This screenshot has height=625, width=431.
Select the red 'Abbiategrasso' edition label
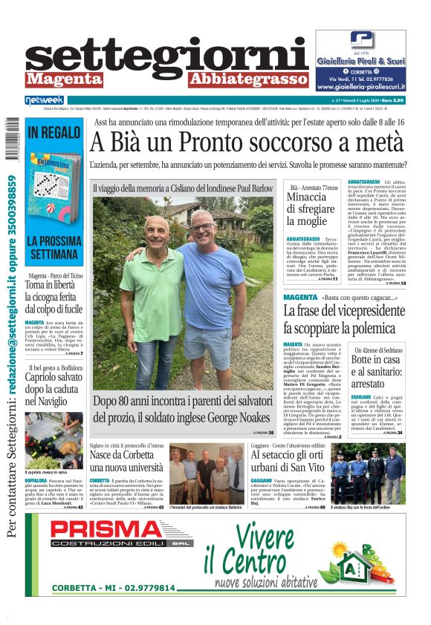(238, 79)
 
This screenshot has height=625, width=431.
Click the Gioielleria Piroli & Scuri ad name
(360, 62)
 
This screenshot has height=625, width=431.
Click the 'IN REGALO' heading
(54, 134)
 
